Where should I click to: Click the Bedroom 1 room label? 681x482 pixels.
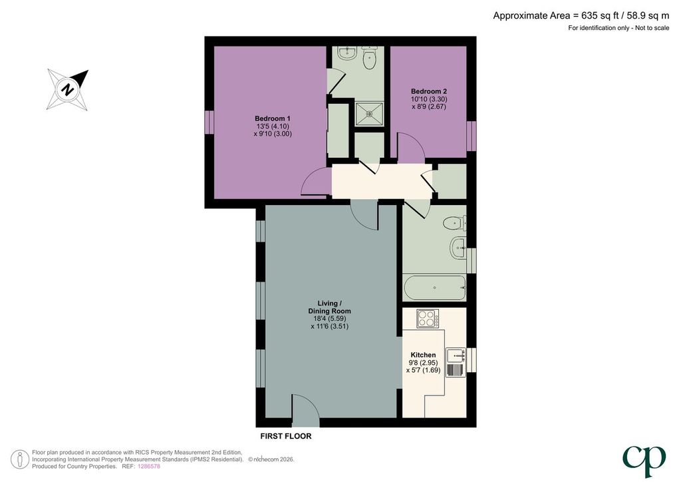point(273,119)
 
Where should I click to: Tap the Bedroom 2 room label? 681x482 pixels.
point(429,91)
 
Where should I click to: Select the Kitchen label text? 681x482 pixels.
point(423,355)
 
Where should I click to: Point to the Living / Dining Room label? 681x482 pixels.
point(330,307)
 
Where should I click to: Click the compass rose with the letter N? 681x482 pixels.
point(68,89)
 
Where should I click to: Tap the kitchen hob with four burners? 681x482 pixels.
point(428,318)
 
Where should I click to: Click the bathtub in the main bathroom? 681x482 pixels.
point(435,288)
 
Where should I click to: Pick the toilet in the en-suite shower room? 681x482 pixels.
point(370,58)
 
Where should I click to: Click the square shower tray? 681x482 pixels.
point(369,114)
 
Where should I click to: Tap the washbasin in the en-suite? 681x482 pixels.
point(347,53)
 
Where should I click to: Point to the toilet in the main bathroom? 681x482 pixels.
point(454,224)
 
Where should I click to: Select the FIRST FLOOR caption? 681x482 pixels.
point(286,436)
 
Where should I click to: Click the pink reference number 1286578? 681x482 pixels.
point(149,466)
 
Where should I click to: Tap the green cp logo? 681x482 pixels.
point(644,461)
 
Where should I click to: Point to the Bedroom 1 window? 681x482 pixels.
point(209,122)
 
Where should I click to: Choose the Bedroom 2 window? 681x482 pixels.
point(472,136)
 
